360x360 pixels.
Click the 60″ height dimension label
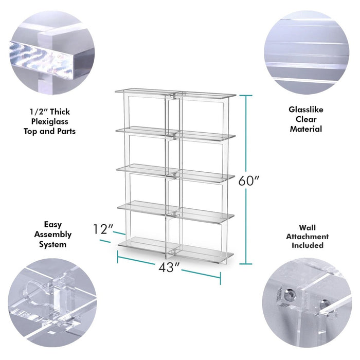(248, 181)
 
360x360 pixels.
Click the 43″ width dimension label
(169, 267)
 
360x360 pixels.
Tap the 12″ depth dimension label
(103, 229)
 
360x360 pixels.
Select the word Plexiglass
(49, 121)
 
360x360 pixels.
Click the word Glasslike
(306, 110)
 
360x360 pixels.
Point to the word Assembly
(53, 235)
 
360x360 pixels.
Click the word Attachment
(307, 237)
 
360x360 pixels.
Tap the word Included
(308, 245)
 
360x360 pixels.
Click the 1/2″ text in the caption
(39, 112)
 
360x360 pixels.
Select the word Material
(306, 129)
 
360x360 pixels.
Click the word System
(52, 244)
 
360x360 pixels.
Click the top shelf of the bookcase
(175, 93)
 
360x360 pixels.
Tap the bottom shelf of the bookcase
(176, 250)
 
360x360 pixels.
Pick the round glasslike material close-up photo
(307, 52)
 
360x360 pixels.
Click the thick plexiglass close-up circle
(52, 52)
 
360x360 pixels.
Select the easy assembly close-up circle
(52, 303)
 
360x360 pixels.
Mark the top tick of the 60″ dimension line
(246, 96)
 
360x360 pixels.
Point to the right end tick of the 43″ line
(221, 279)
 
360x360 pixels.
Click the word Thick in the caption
(60, 112)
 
